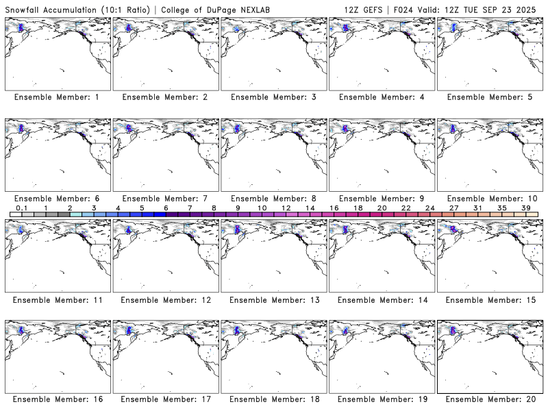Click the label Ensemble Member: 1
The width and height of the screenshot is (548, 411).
coord(57,97)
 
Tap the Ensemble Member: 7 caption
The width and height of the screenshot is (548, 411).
coord(165,199)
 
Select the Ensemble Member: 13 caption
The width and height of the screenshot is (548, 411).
coord(273,300)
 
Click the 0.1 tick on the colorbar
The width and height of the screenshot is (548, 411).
coord(21,208)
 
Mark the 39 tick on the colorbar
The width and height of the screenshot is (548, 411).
coord(526,208)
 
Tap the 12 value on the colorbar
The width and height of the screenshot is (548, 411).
coord(286,208)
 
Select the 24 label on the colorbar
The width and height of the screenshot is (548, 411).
coord(430,208)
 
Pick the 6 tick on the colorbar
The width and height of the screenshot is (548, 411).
coord(166,208)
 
